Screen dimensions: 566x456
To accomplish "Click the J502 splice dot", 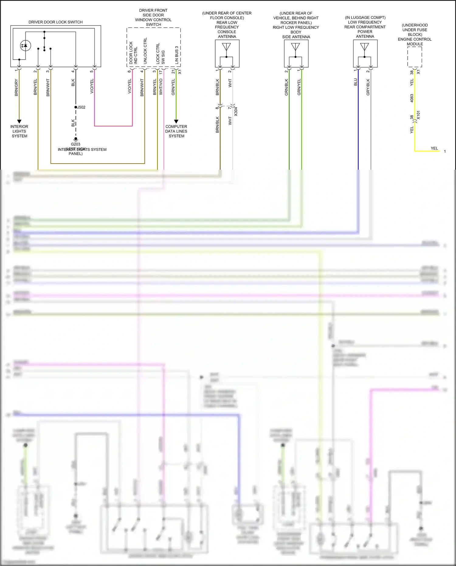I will pos(76,107).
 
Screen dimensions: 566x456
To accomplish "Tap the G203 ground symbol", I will pos(76,139).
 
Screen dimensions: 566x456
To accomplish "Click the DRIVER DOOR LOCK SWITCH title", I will pos(56,22).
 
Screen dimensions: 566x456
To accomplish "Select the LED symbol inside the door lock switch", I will pos(26,46).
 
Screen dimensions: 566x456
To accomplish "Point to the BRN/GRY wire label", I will pos(16,88).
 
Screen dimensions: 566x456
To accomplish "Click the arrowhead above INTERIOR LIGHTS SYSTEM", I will pos(19,121).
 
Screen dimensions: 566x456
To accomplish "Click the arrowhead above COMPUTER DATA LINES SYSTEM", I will pos(176,121).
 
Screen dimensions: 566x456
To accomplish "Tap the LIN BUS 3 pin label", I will pos(177,55).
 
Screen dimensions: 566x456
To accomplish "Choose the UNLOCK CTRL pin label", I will pos(145,51).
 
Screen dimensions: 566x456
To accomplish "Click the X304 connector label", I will pos(236,112).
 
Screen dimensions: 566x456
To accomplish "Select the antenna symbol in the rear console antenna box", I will pos(226,47).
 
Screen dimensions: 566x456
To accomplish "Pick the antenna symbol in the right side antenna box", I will pos(295,47).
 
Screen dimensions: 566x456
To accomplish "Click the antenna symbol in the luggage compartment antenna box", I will pos(364,47).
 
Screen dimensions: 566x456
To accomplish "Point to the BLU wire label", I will pos(355,82).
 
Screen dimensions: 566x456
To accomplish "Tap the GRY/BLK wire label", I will pos(368,87).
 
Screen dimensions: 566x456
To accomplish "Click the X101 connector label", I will pos(418,115).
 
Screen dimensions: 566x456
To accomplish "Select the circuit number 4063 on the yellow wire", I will pos(412,98).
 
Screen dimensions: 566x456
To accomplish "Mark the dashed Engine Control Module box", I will pos(415,57).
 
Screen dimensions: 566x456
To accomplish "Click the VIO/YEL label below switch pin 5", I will pos(92,86).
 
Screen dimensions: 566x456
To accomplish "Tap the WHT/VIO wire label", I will pos(161,87).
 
